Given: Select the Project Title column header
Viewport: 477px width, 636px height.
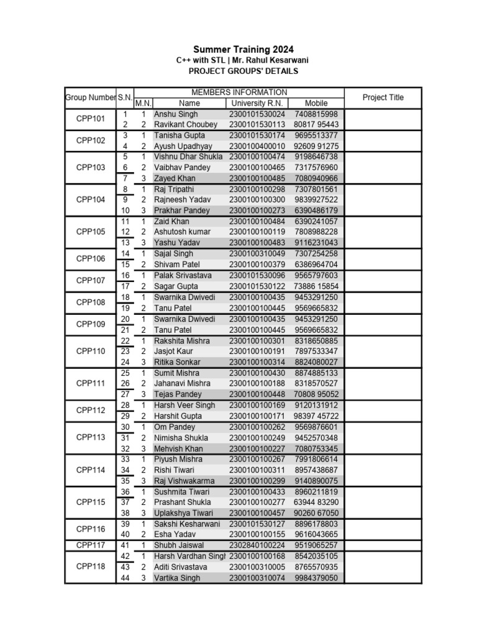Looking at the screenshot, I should click(383, 98).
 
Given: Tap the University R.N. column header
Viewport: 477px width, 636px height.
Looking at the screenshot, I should click(257, 103).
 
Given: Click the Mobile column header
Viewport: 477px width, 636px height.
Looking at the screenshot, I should click(316, 103).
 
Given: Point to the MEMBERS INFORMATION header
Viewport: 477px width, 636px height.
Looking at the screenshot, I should click(238, 92).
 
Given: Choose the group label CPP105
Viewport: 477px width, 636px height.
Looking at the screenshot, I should click(90, 232).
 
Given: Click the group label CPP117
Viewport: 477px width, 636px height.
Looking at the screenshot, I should click(90, 545).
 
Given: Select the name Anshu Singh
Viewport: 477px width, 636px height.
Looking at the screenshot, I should click(176, 114).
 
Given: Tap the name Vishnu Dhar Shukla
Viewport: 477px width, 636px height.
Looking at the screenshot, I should click(188, 157).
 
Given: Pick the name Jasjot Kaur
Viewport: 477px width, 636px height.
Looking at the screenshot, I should click(175, 351).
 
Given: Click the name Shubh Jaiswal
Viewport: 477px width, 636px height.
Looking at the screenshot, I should click(178, 545).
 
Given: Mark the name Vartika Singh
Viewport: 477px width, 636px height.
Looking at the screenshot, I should click(177, 578).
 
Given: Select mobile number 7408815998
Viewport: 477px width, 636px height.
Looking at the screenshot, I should click(316, 114).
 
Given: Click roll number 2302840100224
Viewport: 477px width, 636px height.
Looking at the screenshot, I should click(257, 545).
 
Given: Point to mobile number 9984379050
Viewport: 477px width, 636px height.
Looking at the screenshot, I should click(316, 578).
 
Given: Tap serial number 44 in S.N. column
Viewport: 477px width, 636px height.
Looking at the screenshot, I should click(125, 578).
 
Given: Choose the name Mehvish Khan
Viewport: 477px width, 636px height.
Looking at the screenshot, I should click(178, 448).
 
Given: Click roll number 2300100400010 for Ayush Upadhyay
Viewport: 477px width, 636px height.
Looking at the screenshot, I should click(257, 146).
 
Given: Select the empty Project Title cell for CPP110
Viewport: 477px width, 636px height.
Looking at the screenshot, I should click(383, 351).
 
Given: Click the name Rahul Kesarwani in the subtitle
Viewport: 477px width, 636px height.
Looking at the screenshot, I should click(283, 60).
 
